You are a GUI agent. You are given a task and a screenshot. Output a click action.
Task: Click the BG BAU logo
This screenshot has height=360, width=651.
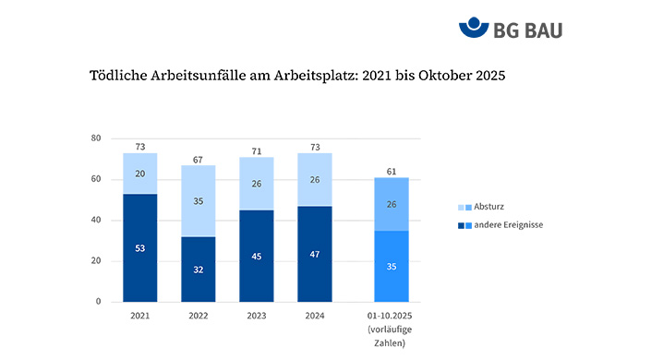[510, 29]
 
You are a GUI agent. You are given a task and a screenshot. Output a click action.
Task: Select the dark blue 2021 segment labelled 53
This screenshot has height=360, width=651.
[139, 247]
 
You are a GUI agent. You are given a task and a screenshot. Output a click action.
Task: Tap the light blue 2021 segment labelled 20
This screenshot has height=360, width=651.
[139, 174]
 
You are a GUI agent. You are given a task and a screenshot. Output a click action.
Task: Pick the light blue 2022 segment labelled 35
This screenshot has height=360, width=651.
[198, 200]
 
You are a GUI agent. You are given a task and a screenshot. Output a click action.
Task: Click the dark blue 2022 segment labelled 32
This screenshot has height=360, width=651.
[198, 269]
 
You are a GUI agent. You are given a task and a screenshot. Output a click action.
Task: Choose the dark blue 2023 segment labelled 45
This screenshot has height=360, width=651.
[256, 256]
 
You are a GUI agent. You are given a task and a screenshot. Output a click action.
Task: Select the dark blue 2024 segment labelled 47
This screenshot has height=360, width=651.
[314, 254]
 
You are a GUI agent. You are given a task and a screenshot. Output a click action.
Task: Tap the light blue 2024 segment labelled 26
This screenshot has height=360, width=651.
[314, 179]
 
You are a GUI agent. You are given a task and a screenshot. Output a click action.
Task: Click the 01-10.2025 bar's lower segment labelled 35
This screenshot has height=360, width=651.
[391, 266]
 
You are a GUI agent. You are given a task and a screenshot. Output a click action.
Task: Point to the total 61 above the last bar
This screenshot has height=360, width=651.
[391, 171]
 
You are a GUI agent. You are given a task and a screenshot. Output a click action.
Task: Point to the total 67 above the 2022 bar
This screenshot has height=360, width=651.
[198, 159]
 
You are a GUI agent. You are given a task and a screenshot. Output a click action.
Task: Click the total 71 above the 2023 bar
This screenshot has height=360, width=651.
[256, 150]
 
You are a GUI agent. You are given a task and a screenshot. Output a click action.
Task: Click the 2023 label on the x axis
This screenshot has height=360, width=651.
[256, 316]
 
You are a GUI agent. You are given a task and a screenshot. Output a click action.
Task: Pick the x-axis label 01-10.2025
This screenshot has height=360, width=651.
[391, 316]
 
